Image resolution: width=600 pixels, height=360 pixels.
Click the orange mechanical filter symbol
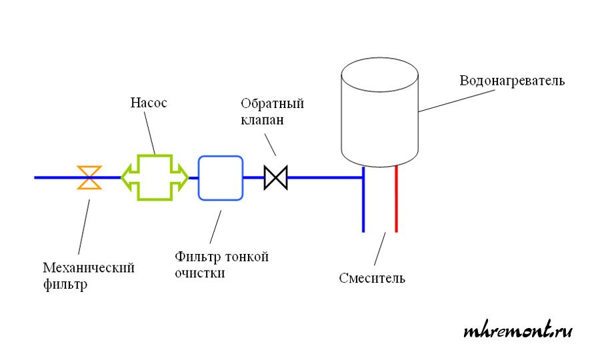tap(89, 177)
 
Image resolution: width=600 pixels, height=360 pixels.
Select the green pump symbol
tap(155, 177)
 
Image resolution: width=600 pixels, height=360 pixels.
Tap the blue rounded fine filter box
tap(221, 177)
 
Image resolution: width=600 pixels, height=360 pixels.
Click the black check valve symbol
tap(275, 177)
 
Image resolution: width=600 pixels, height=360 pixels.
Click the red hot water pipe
tap(396, 200)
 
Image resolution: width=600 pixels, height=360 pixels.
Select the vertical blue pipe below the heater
tap(363, 200)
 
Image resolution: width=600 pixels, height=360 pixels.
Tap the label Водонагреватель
tap(512, 81)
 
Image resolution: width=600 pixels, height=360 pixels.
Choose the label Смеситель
tap(371, 278)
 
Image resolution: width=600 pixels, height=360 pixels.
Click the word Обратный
tap(273, 104)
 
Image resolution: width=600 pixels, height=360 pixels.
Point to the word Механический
tap(89, 268)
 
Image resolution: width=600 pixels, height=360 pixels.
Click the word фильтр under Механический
tap(65, 285)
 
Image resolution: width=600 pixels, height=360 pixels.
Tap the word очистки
tap(199, 273)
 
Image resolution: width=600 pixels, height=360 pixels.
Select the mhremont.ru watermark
tap(518, 331)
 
